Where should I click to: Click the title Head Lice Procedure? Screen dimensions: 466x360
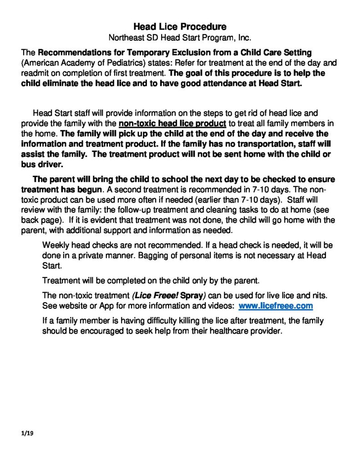point(180,27)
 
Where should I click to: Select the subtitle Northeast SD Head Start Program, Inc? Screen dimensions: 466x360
point(180,37)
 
